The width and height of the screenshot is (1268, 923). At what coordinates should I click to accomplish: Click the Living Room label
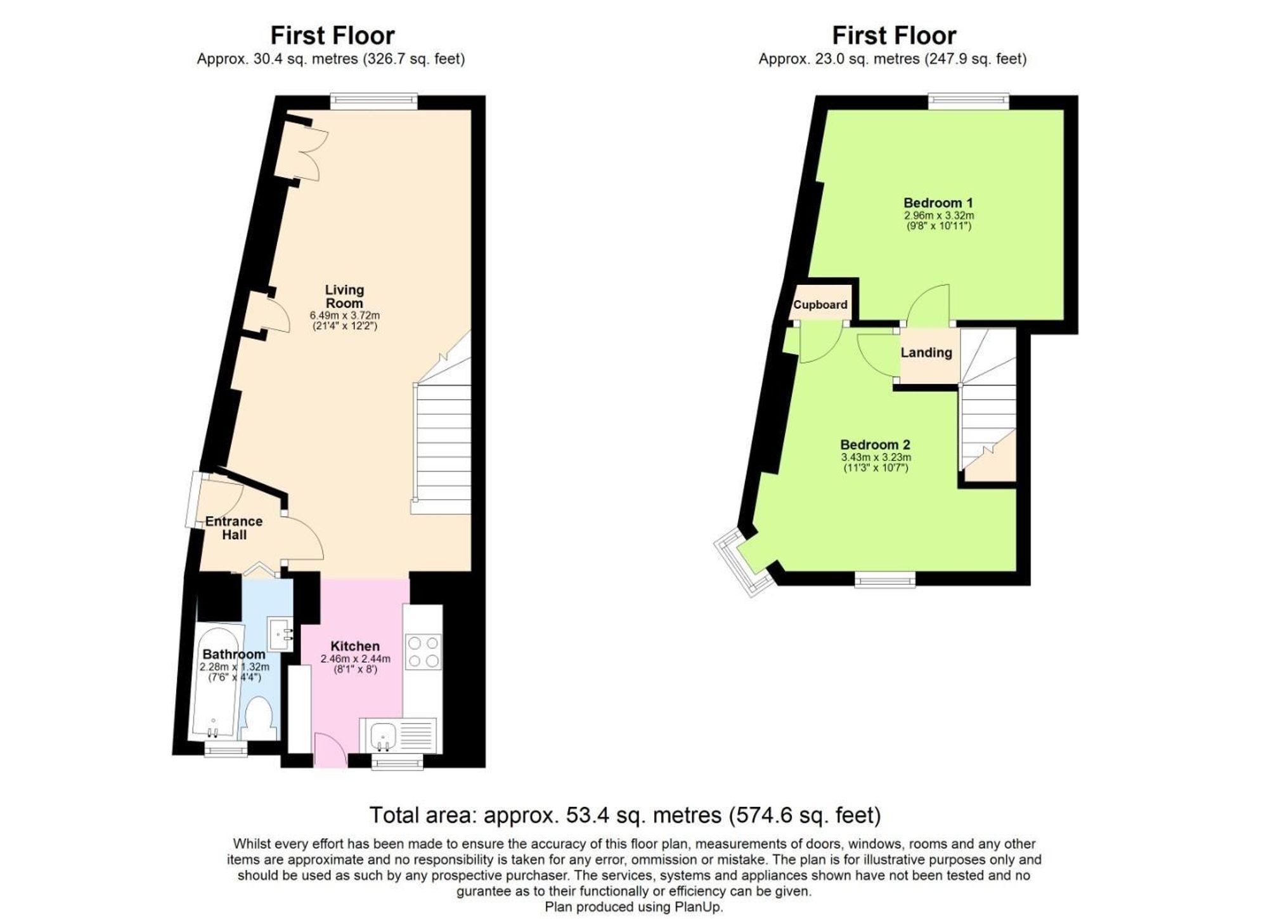pos(344,296)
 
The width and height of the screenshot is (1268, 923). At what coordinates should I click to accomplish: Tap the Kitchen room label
pos(355,646)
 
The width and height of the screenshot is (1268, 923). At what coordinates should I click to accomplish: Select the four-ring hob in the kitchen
pos(424,652)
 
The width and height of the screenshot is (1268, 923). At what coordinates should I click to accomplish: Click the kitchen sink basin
pos(382,736)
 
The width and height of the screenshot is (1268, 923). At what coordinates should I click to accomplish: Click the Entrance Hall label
pos(233,528)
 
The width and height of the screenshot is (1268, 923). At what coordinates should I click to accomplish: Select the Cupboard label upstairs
pos(820,304)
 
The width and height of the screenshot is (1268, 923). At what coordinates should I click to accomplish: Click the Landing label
pos(926,353)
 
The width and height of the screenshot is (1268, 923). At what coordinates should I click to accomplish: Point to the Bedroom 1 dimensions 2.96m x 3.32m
pos(938,216)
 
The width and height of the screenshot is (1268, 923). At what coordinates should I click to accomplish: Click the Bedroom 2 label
pos(875,445)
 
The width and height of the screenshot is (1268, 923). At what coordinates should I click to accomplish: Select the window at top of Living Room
pos(373,100)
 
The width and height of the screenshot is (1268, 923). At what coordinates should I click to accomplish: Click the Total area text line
pos(624,815)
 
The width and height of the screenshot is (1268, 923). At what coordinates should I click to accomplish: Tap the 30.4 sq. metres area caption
pos(330,59)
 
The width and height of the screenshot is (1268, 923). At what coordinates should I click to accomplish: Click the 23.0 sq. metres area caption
pos(892,59)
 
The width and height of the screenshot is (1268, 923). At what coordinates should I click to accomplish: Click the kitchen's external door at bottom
pos(330,752)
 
